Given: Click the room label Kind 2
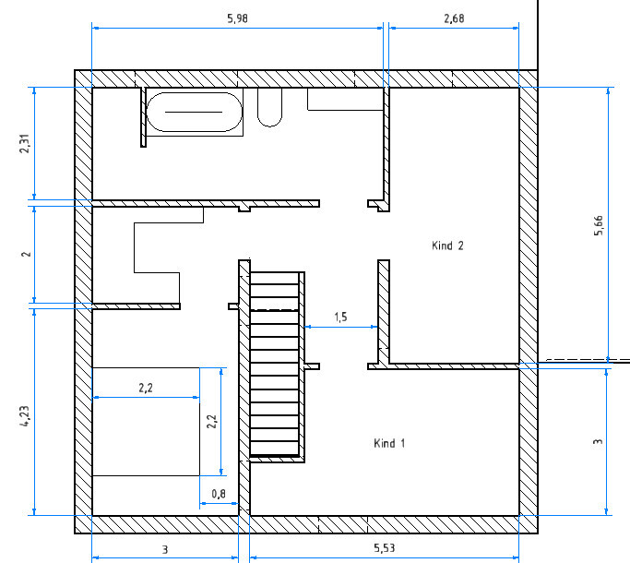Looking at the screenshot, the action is (447, 246).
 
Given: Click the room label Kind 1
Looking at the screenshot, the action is (389, 443).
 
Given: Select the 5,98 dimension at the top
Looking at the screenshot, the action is (237, 18).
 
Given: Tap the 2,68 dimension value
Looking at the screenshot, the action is (454, 18).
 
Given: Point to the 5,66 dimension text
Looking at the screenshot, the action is (599, 225).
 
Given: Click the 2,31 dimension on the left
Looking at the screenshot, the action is (25, 144).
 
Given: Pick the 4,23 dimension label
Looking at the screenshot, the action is (25, 416).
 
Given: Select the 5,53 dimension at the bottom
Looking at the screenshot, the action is (385, 548).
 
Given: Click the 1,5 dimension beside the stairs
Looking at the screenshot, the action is (340, 317).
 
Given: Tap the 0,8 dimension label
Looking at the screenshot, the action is (219, 494).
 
